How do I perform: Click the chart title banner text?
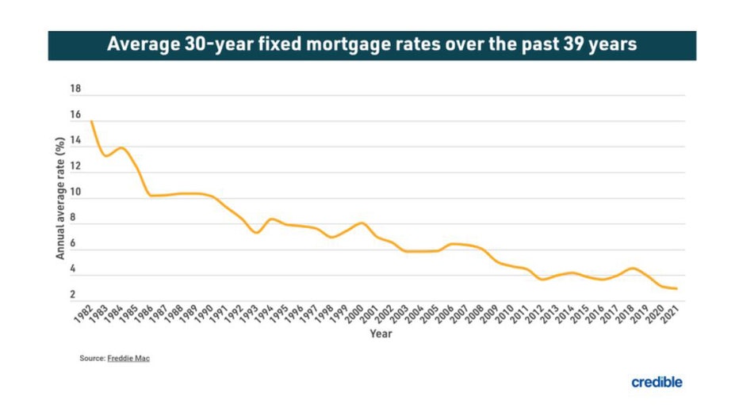(371, 45)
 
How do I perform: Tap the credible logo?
(657, 383)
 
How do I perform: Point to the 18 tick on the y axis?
(75, 89)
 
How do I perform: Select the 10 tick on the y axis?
(75, 192)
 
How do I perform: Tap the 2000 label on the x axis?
(356, 314)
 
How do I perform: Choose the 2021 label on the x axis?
(670, 314)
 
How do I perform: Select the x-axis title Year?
(381, 333)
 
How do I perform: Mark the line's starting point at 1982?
(92, 121)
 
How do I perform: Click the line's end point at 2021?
(676, 288)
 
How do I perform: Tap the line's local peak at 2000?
(362, 223)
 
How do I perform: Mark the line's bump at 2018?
(631, 268)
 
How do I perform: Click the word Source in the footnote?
(91, 359)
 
